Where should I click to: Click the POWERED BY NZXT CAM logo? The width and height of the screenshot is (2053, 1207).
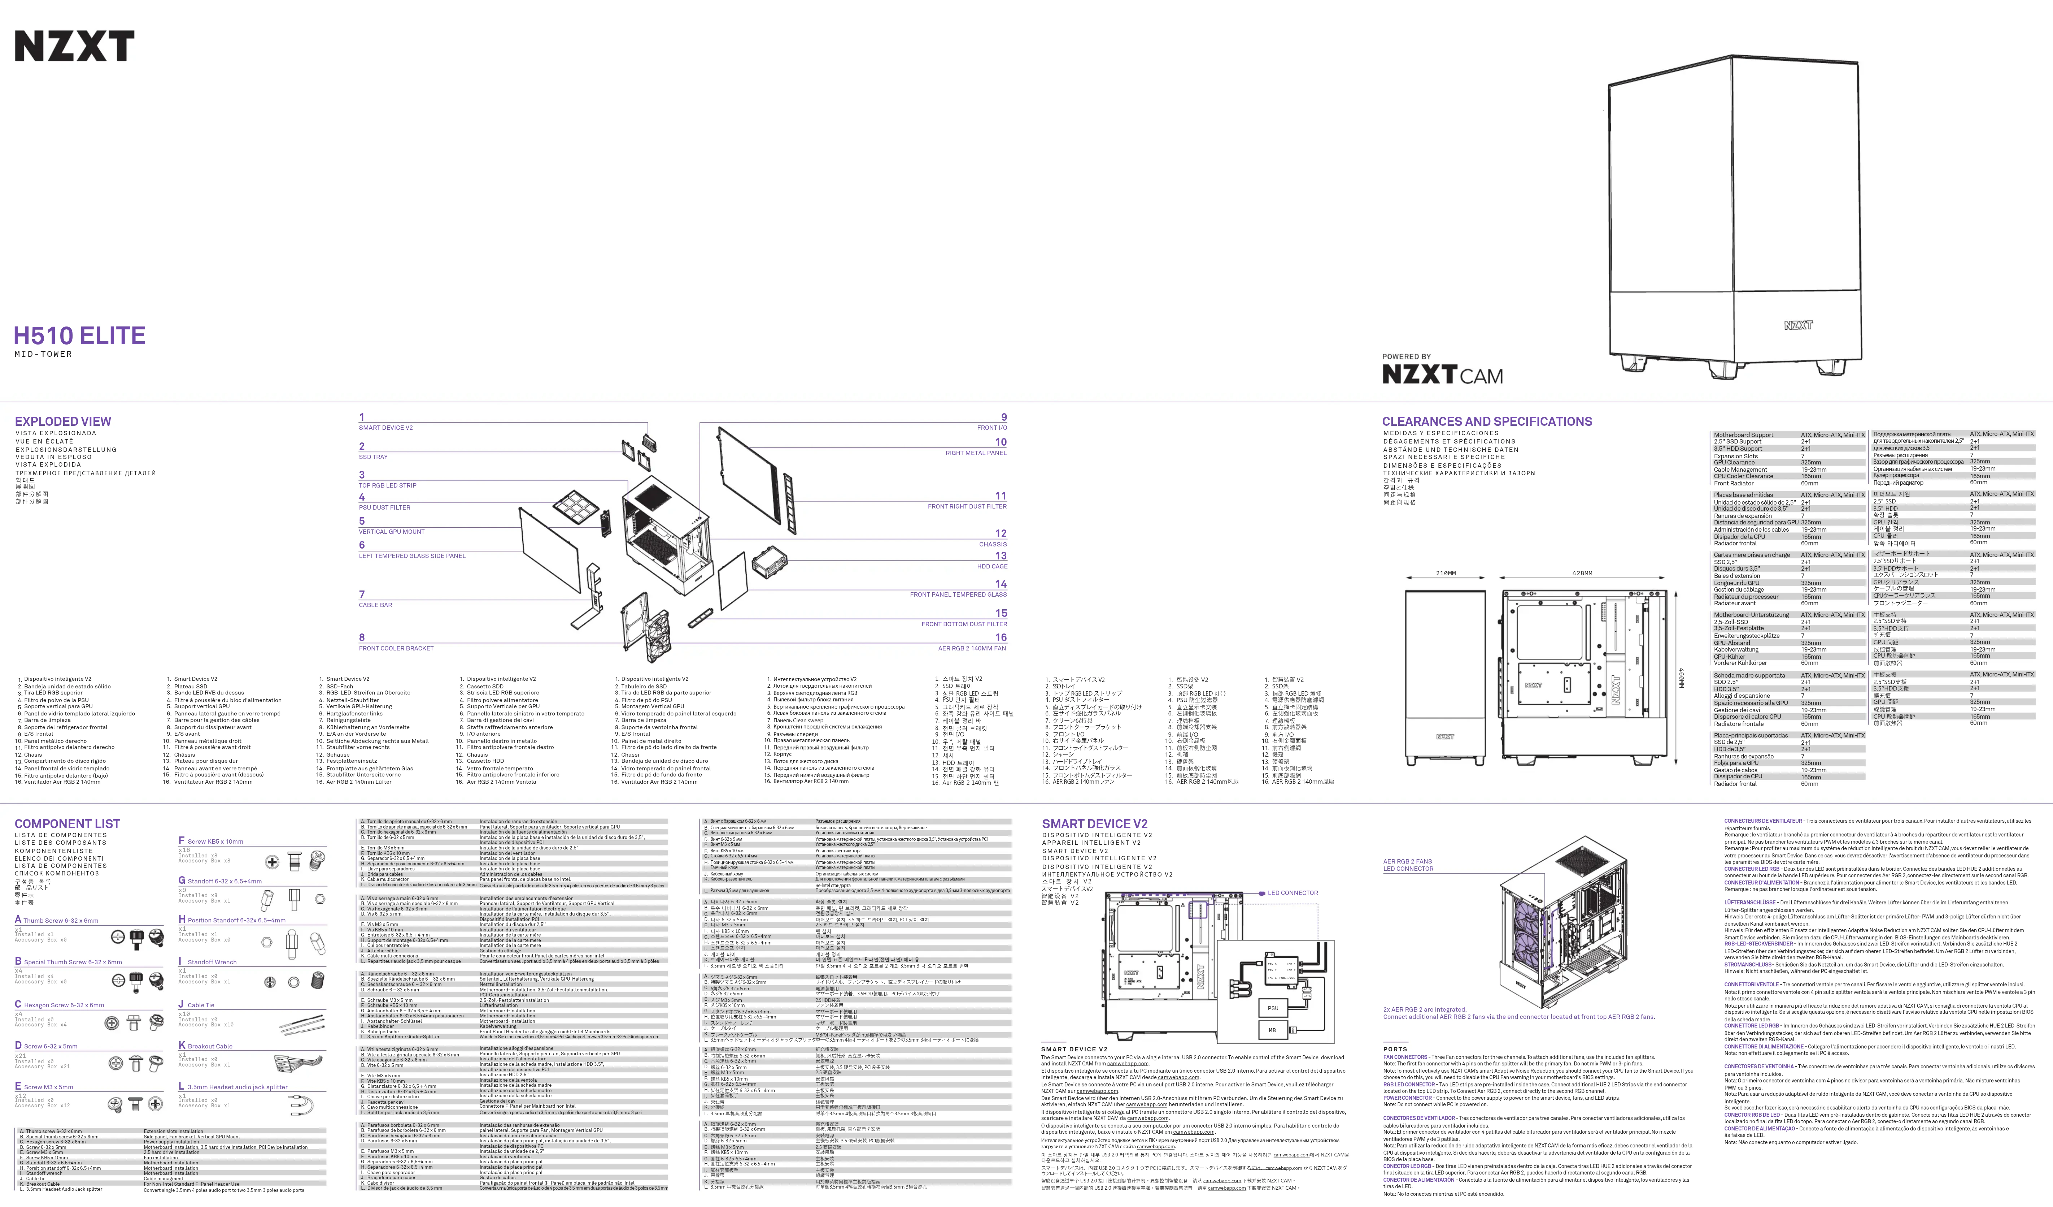[1442, 371]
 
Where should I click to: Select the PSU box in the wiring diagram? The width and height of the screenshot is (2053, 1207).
[1273, 1008]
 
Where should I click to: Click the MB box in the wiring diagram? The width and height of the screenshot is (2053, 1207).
[1273, 1030]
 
